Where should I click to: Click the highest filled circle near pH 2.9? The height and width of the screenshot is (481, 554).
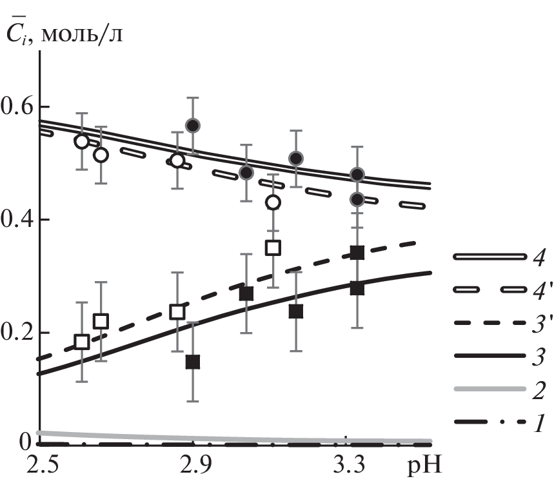pyautogui.click(x=193, y=125)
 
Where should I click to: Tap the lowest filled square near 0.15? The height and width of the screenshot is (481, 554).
pyautogui.click(x=192, y=362)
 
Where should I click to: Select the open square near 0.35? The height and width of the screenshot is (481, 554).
pyautogui.click(x=273, y=248)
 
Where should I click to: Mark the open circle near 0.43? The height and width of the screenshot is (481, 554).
pyautogui.click(x=273, y=202)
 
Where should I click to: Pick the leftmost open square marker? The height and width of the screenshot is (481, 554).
pyautogui.click(x=81, y=342)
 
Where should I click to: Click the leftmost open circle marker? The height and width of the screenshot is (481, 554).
pyautogui.click(x=81, y=141)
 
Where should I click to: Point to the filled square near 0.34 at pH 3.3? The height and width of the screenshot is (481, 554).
pyautogui.click(x=357, y=252)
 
